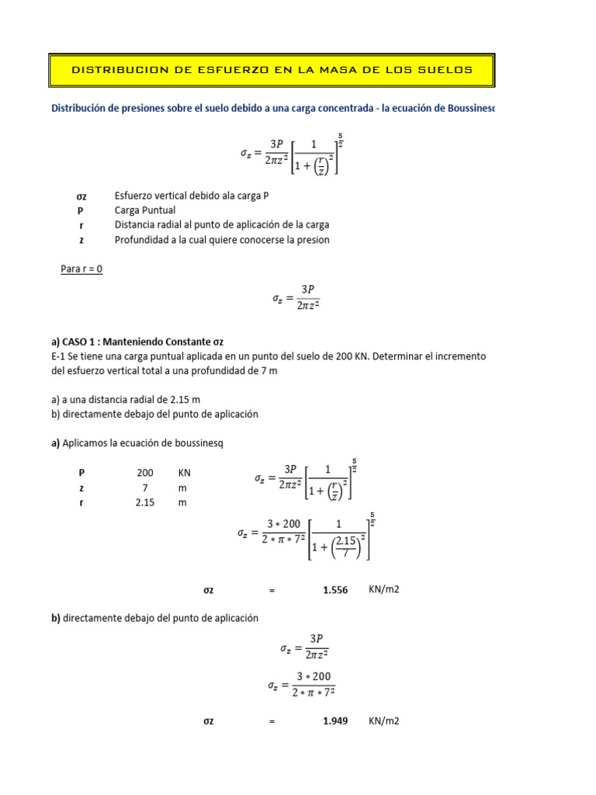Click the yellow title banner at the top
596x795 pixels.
coord(272,70)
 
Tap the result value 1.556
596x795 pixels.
coord(335,590)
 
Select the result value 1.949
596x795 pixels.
coord(335,721)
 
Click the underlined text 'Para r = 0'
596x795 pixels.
coord(81,269)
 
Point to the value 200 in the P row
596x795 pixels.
coord(145,473)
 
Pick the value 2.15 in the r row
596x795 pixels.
coord(145,502)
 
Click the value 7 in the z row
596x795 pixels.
coord(144,488)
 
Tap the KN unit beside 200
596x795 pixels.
coord(184,473)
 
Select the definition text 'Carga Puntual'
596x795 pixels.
coord(145,210)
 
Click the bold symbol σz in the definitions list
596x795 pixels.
coord(81,196)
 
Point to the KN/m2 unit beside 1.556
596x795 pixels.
coord(384,590)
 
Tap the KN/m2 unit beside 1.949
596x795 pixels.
coord(384,721)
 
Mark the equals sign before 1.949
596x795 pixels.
coord(272,722)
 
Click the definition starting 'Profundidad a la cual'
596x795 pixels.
coord(222,240)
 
